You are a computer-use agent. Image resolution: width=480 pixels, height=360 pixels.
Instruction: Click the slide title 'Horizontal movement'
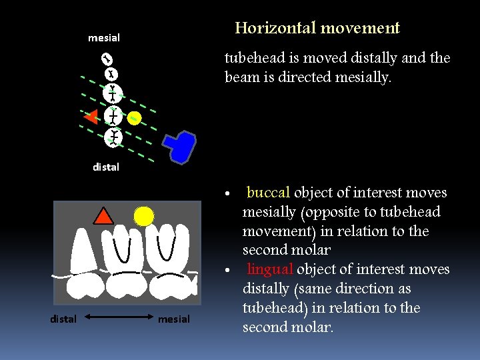pyautogui.click(x=317, y=28)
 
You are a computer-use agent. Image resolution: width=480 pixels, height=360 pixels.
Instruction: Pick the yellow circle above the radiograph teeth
pyautogui.click(x=143, y=215)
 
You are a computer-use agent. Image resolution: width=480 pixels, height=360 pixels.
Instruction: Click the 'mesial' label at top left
pyautogui.click(x=104, y=38)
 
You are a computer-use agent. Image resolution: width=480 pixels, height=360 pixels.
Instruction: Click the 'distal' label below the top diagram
pyautogui.click(x=106, y=167)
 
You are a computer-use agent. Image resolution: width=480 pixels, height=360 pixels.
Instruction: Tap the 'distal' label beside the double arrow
pyautogui.click(x=63, y=319)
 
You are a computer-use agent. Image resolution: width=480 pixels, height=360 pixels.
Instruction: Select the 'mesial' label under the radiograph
pyautogui.click(x=173, y=319)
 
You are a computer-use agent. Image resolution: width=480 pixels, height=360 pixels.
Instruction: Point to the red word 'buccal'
pyautogui.click(x=268, y=193)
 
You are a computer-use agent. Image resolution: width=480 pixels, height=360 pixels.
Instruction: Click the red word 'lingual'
pyautogui.click(x=270, y=269)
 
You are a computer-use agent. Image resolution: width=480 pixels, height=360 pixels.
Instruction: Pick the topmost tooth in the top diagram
pyautogui.click(x=106, y=59)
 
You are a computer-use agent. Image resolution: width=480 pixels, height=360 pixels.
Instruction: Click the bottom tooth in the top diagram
pyautogui.click(x=113, y=138)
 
